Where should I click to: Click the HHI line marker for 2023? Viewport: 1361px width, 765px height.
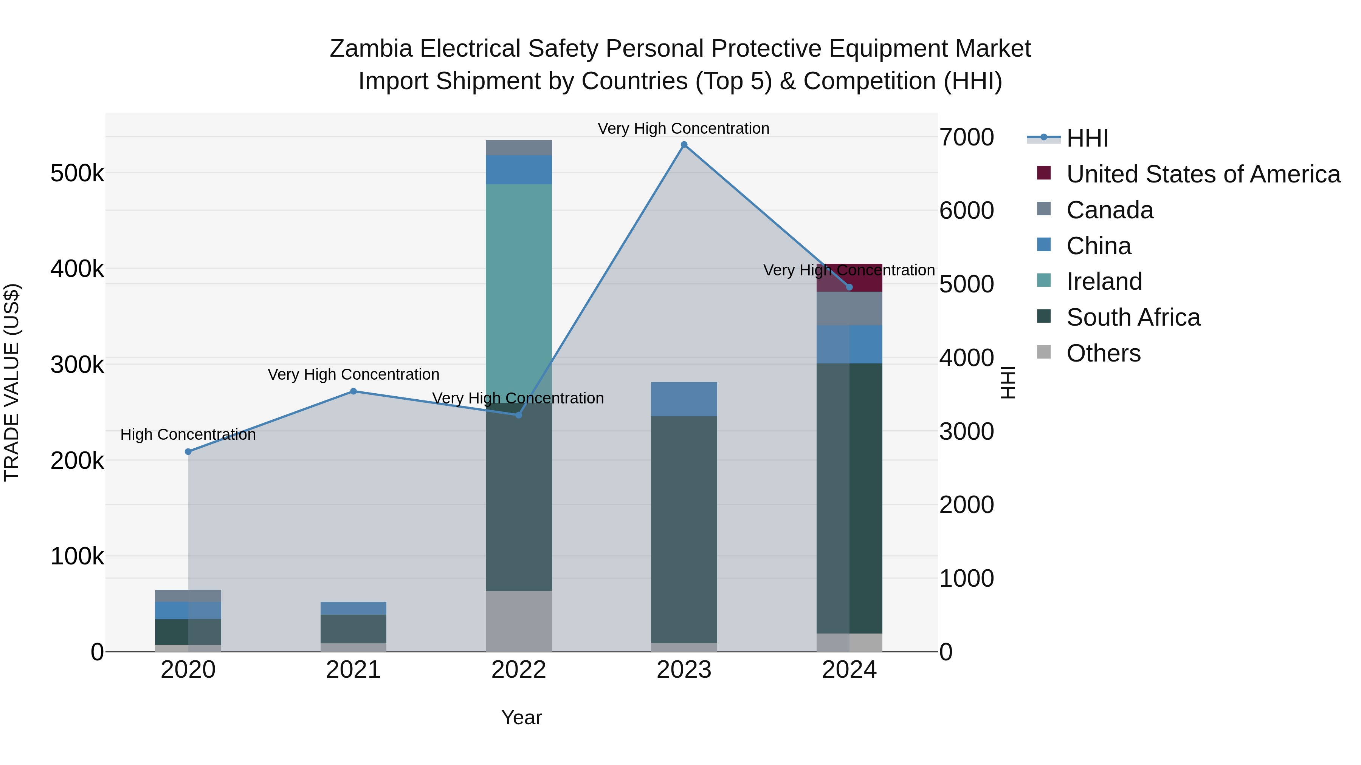coord(684,145)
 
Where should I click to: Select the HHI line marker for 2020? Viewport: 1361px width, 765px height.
coord(188,451)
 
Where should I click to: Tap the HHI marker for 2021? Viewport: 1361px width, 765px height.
coord(353,391)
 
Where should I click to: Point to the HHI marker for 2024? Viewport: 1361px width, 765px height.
coord(849,287)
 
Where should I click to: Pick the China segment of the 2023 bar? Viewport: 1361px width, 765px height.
coord(684,399)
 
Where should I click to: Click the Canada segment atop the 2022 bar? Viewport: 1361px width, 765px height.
coord(518,148)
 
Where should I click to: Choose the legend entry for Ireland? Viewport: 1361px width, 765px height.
coord(1104,281)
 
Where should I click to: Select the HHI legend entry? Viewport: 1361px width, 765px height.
coord(1087,138)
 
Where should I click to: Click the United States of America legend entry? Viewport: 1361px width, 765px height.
coord(1203,174)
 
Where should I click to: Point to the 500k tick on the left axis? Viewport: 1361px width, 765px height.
coord(77,173)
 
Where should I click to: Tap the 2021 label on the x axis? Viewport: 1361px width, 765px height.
coord(353,670)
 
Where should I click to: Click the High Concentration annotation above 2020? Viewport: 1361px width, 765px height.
coord(188,434)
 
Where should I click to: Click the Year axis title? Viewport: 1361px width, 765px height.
coord(521,717)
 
